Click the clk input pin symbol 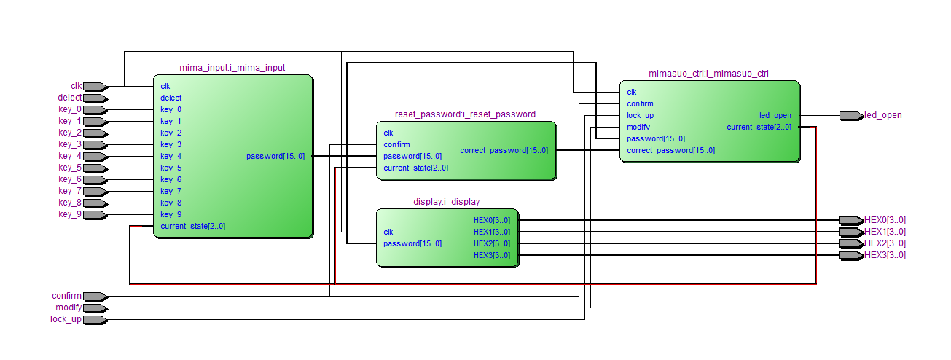pyautogui.click(x=95, y=87)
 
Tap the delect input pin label pyautogui.click(x=70, y=98)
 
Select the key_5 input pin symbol pyautogui.click(x=95, y=168)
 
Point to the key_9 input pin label pyautogui.click(x=70, y=214)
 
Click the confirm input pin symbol pyautogui.click(x=95, y=297)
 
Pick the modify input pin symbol pyautogui.click(x=95, y=308)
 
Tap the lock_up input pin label pyautogui.click(x=66, y=319)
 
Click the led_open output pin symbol pyautogui.click(x=852, y=115)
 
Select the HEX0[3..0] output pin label pyautogui.click(x=885, y=220)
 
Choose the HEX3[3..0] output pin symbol pyautogui.click(x=852, y=255)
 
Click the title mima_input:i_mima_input pyautogui.click(x=232, y=68)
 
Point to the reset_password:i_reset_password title pyautogui.click(x=466, y=114)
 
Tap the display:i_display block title pyautogui.click(x=447, y=202)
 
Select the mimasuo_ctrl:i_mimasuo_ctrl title pyautogui.click(x=708, y=74)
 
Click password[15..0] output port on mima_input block pyautogui.click(x=275, y=156)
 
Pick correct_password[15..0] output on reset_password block pyautogui.click(x=504, y=150)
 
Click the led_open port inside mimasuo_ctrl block pyautogui.click(x=775, y=115)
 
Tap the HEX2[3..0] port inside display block pyautogui.click(x=492, y=243)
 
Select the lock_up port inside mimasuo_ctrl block pyautogui.click(x=641, y=115)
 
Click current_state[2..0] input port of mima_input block pyautogui.click(x=192, y=226)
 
